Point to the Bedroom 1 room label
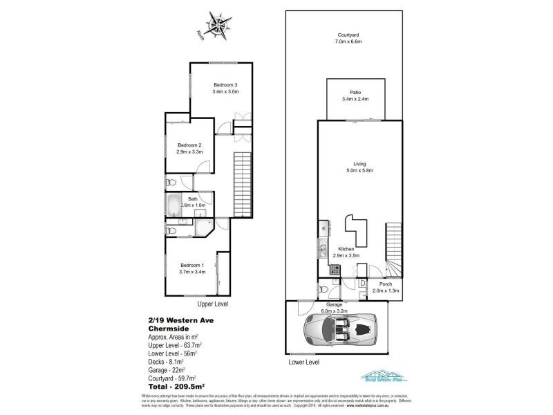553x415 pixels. [191, 265]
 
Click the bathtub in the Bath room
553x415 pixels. [174, 206]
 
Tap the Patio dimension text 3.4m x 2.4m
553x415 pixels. [355, 100]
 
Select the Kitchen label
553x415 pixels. [346, 249]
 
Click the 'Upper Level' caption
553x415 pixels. [212, 304]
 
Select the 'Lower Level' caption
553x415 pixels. [303, 362]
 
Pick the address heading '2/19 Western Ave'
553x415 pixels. [177, 320]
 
